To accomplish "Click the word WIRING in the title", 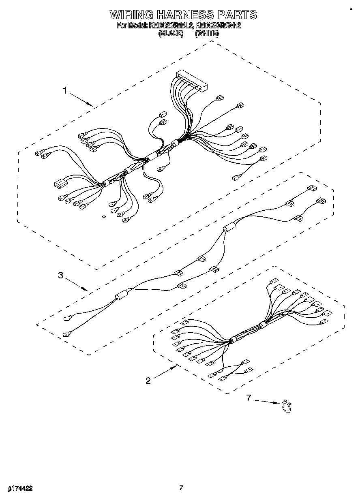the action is [x=131, y=15].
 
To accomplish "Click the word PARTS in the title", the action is [x=237, y=15].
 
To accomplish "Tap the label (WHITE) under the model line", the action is [x=207, y=34].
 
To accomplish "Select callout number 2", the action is [x=148, y=380].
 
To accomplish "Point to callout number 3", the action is [x=60, y=276].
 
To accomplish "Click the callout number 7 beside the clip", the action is [x=249, y=398].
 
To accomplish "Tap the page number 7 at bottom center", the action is [x=181, y=488].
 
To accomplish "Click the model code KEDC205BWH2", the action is [x=218, y=26].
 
